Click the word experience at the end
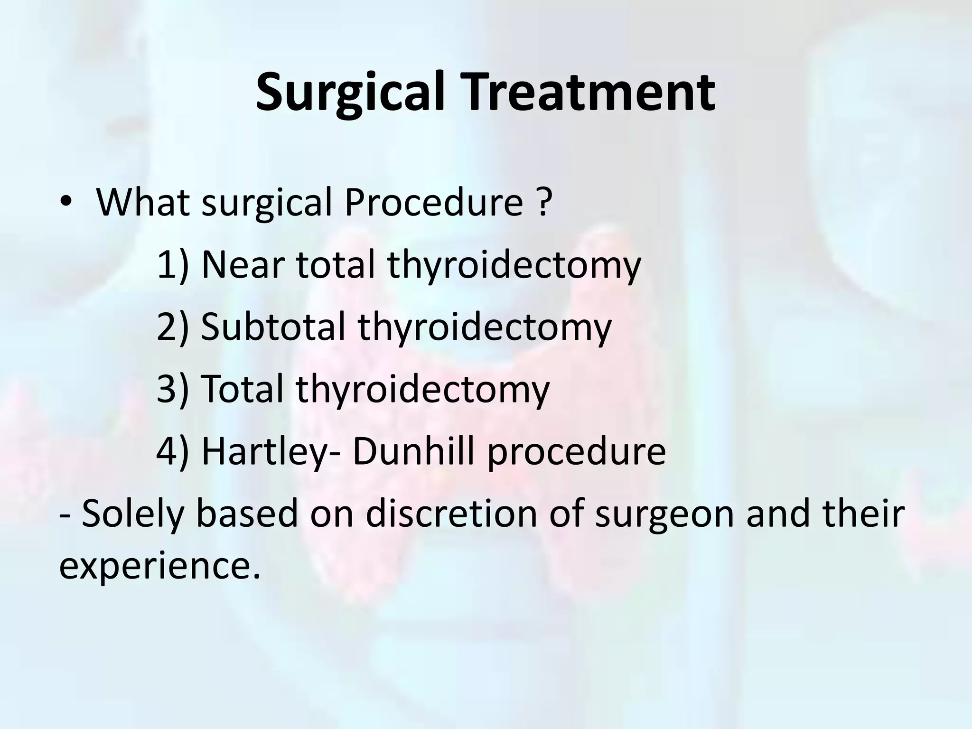point(159,568)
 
